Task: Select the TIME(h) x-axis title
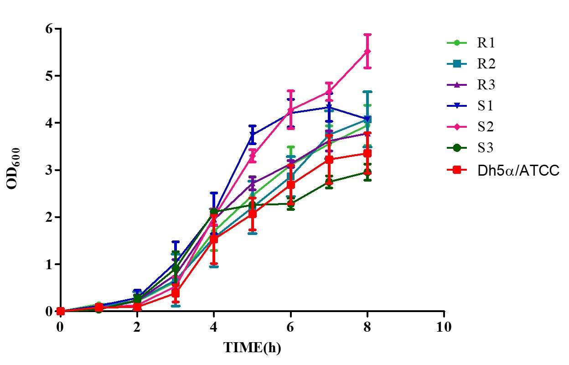point(252,348)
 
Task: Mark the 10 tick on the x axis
point(443,327)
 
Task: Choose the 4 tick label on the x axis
point(214,327)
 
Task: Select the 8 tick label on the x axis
point(367,327)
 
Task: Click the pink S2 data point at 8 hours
point(367,52)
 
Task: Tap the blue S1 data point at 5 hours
point(252,134)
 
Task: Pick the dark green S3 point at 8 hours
point(367,172)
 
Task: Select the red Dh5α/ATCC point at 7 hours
point(329,160)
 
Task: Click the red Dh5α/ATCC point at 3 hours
point(176,293)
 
